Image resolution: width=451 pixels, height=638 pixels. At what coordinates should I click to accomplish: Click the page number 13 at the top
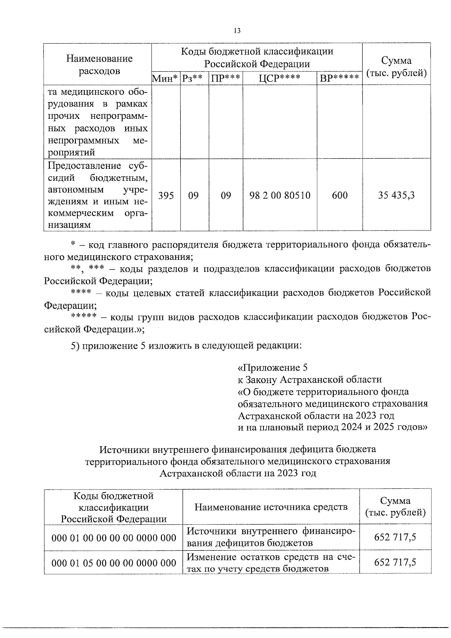pyautogui.click(x=237, y=31)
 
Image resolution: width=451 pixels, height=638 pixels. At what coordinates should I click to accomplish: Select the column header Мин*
pyautogui.click(x=165, y=78)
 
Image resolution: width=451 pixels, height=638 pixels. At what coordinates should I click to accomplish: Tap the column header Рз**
pyautogui.click(x=193, y=78)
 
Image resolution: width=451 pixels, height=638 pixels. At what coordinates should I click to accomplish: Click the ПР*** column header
pyautogui.click(x=225, y=78)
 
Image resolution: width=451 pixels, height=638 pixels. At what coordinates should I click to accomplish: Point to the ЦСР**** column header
pyautogui.click(x=280, y=78)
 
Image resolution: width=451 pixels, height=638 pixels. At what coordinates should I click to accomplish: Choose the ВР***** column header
pyautogui.click(x=339, y=78)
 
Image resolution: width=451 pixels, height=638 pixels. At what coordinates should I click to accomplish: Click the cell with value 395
pyautogui.click(x=166, y=195)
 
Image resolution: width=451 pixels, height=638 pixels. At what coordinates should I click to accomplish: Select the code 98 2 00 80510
pyautogui.click(x=280, y=195)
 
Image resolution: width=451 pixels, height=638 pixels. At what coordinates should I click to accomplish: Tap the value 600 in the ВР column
pyautogui.click(x=340, y=195)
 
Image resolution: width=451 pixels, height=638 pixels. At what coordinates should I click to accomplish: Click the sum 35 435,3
pyautogui.click(x=396, y=195)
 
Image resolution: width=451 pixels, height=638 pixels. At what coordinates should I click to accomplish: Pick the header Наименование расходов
pyautogui.click(x=99, y=64)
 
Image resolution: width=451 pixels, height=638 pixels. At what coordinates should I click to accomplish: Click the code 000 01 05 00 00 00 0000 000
pyautogui.click(x=114, y=563)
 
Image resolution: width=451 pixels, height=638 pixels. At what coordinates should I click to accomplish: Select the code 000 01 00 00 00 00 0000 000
pyautogui.click(x=114, y=538)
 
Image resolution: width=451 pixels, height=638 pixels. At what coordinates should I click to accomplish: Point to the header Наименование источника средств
pyautogui.click(x=271, y=507)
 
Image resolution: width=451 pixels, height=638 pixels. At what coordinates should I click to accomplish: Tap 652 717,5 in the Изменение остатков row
pyautogui.click(x=395, y=562)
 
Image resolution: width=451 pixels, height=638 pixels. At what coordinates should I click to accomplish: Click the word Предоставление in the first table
pyautogui.click(x=84, y=166)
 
